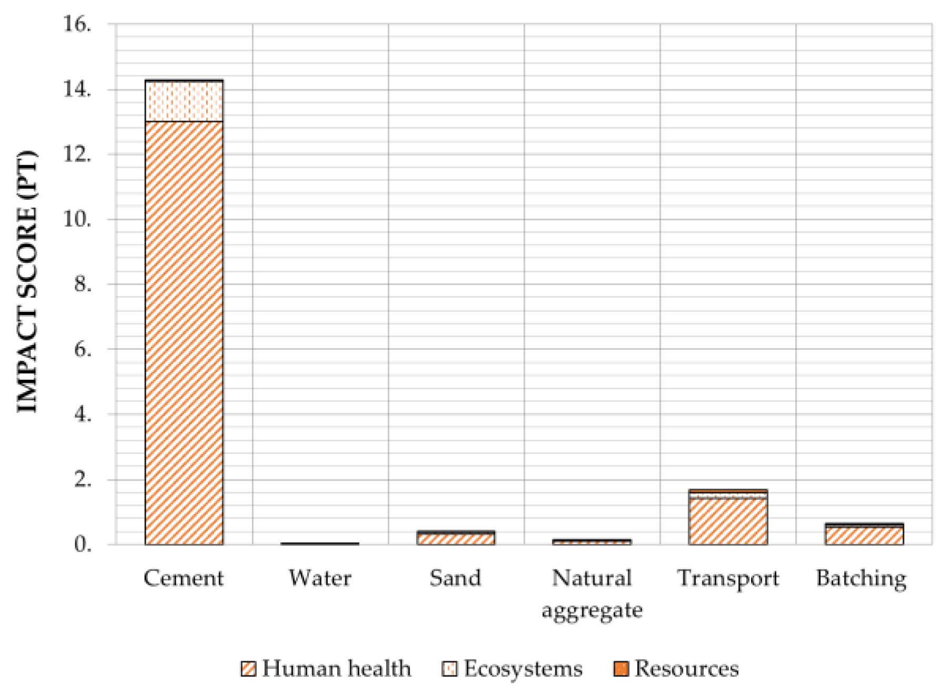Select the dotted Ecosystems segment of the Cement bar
click(x=184, y=102)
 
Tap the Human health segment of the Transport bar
click(x=728, y=521)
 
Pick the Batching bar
click(x=864, y=534)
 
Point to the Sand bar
click(x=456, y=538)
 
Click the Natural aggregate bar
click(x=592, y=542)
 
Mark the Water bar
click(x=320, y=543)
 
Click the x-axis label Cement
click(x=184, y=578)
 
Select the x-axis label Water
click(x=320, y=578)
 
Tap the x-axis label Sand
click(x=455, y=578)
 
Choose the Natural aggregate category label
click(x=592, y=594)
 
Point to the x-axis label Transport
click(x=728, y=578)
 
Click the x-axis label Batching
click(x=862, y=579)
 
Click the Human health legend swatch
click(x=248, y=669)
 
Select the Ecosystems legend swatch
click(x=450, y=669)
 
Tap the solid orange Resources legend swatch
click(x=621, y=669)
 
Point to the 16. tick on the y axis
click(x=77, y=24)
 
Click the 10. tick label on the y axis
click(x=77, y=219)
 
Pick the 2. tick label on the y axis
click(x=82, y=480)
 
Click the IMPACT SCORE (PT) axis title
click(x=27, y=282)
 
